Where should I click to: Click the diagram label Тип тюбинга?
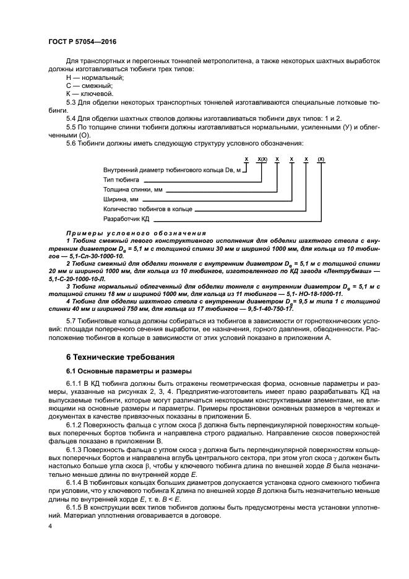tap(123, 179)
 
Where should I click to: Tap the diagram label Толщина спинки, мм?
tap(133, 189)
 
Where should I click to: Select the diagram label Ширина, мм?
tap(120, 199)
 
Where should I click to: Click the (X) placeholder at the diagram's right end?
tap(321, 159)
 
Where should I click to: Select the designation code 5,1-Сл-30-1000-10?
tap(91, 255)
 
